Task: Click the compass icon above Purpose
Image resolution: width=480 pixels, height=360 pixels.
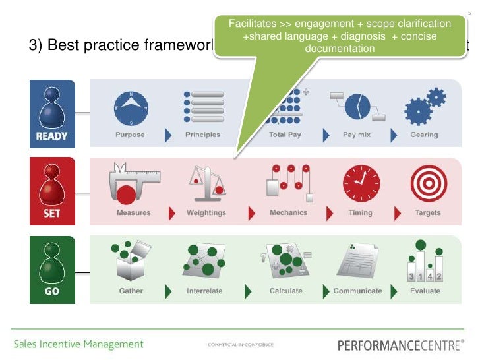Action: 131,108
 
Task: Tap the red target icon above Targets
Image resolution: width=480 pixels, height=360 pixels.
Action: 429,183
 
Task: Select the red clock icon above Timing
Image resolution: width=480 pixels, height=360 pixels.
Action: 361,183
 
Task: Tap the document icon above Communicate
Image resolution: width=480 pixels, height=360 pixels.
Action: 357,262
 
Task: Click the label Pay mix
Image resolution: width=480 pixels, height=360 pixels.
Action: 358,135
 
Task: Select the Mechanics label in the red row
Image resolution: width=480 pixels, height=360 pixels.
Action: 288,213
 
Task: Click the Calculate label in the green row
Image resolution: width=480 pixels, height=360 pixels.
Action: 285,291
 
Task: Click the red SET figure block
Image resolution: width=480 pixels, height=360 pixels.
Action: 52,191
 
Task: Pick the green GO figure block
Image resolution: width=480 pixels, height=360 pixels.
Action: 52,269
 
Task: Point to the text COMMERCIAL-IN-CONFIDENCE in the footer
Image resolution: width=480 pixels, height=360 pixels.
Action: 240,345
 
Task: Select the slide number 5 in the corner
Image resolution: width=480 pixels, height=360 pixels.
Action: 469,5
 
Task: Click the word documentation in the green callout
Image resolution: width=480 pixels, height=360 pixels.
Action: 340,49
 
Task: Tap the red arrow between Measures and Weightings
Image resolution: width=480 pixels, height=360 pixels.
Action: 172,213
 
